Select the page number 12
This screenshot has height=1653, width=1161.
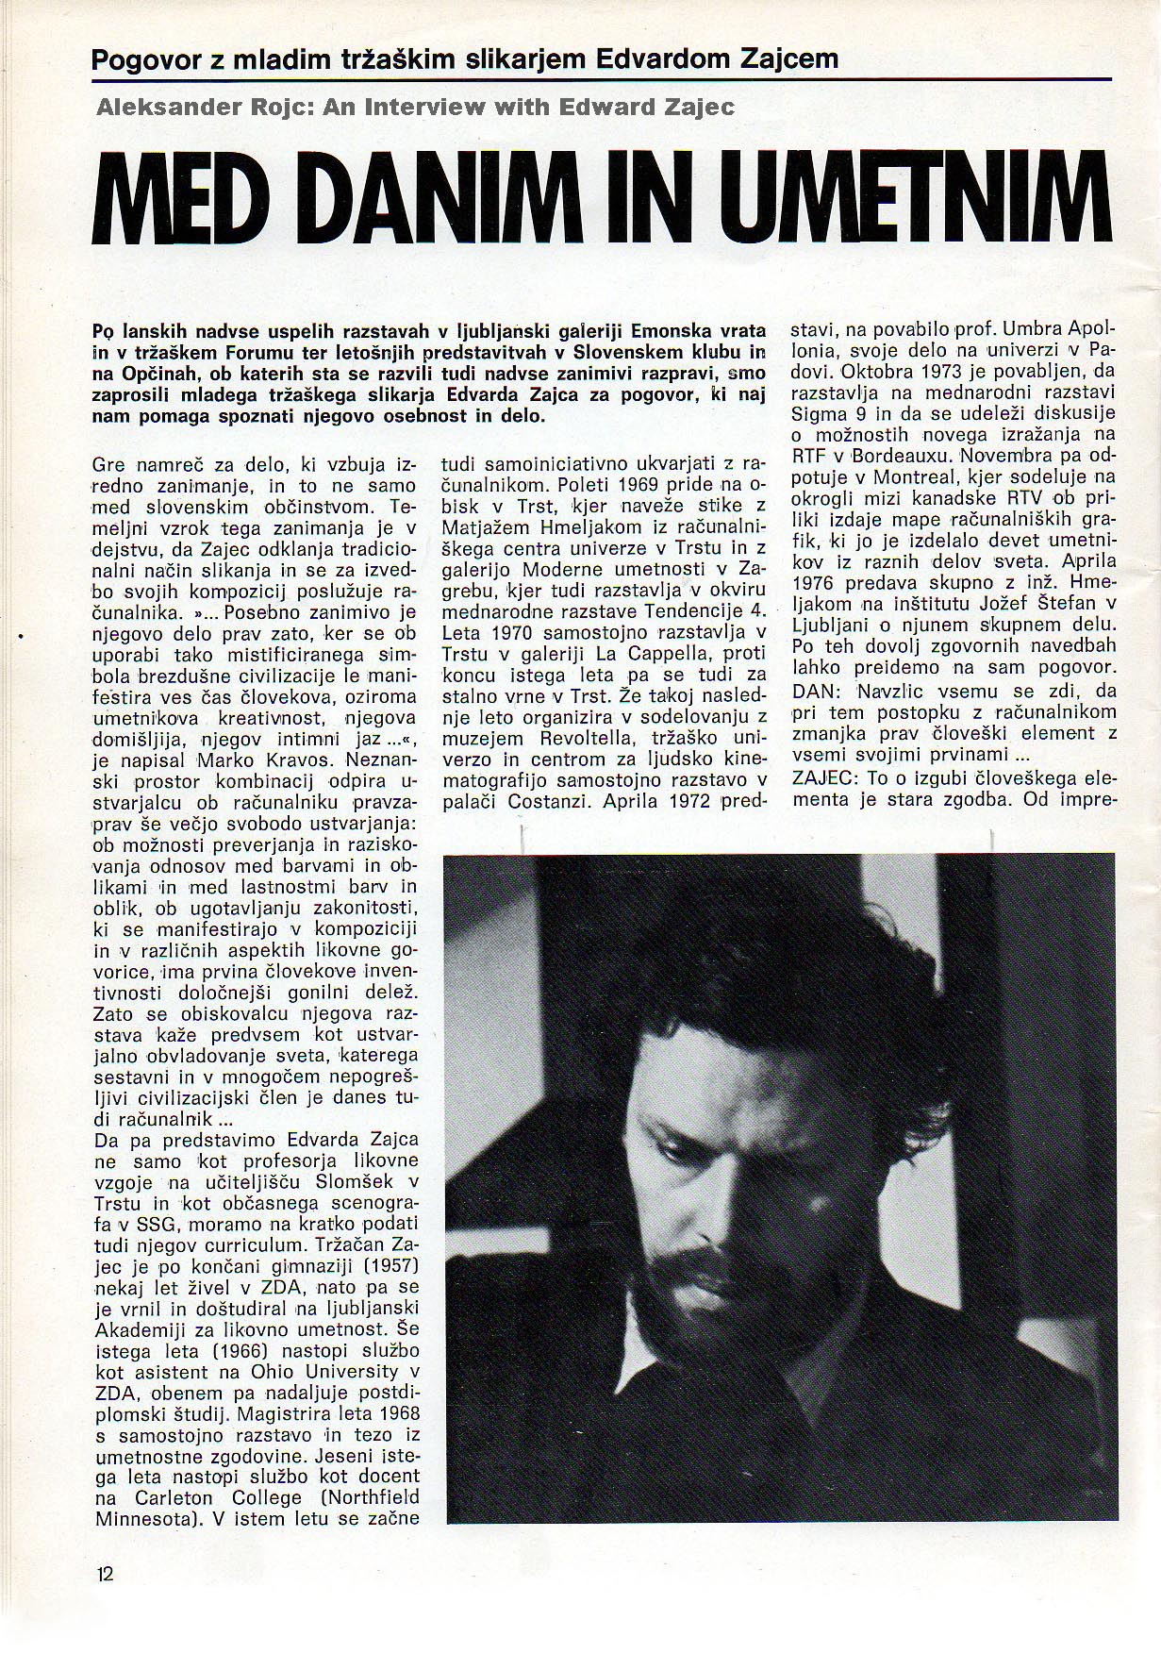click(104, 1572)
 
